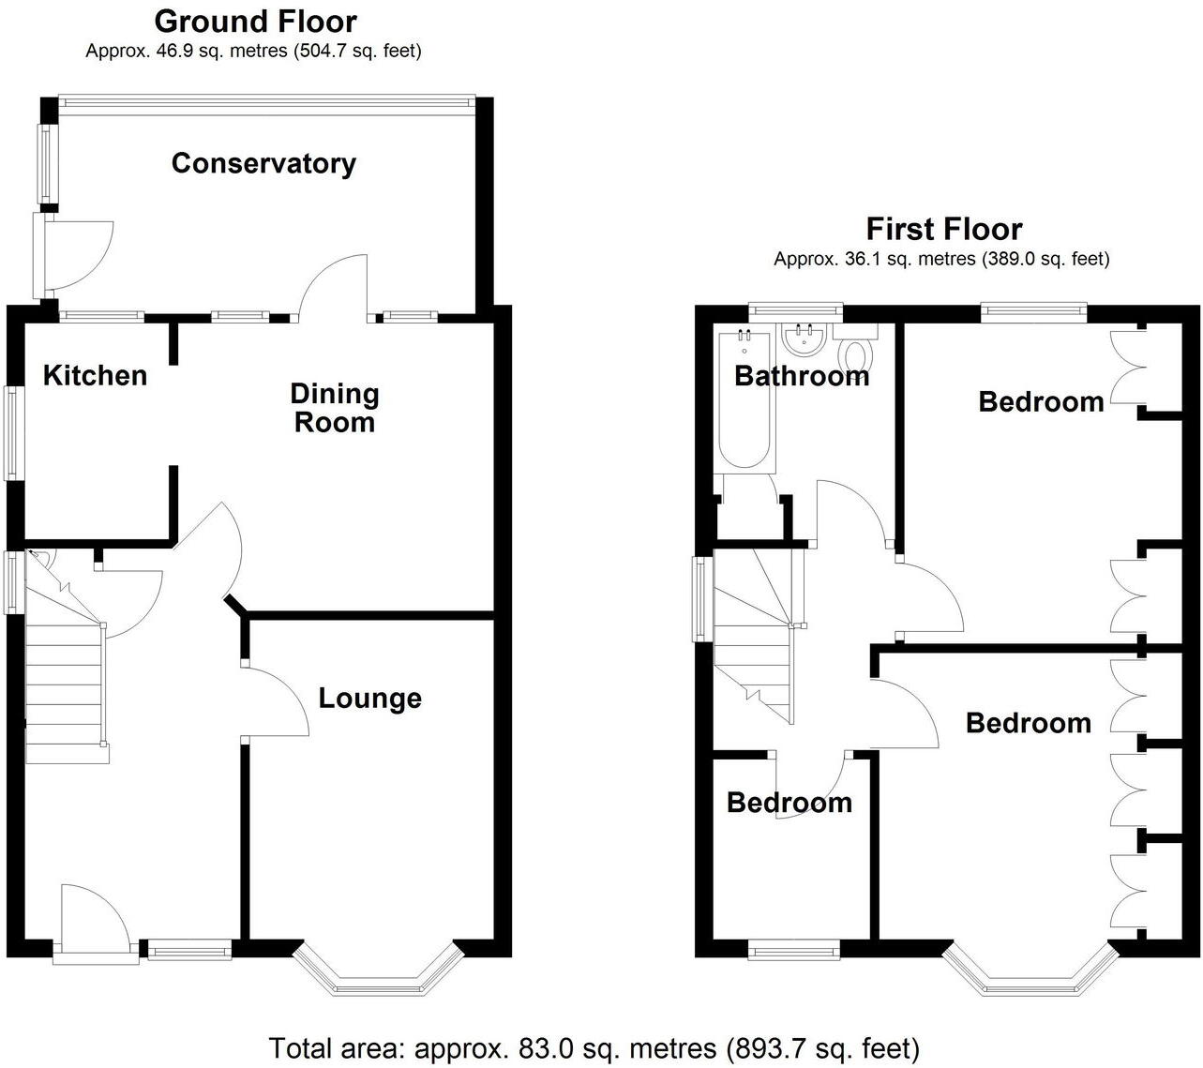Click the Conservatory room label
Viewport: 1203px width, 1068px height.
(x=263, y=163)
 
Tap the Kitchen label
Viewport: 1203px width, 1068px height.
(x=95, y=375)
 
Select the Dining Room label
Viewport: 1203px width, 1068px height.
(x=334, y=408)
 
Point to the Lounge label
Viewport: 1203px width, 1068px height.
(x=369, y=698)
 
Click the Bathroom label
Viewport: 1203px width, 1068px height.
(x=801, y=376)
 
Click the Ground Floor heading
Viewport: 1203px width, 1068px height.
(x=255, y=21)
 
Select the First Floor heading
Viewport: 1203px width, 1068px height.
(x=943, y=229)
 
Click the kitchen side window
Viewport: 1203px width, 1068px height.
(x=14, y=433)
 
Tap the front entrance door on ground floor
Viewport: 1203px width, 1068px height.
(x=94, y=924)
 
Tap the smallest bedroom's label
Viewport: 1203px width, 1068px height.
(x=789, y=803)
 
